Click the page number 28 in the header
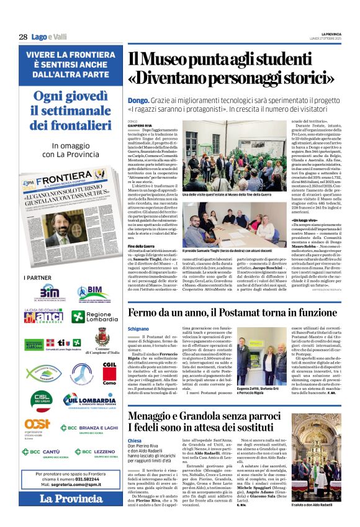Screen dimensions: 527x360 23,37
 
